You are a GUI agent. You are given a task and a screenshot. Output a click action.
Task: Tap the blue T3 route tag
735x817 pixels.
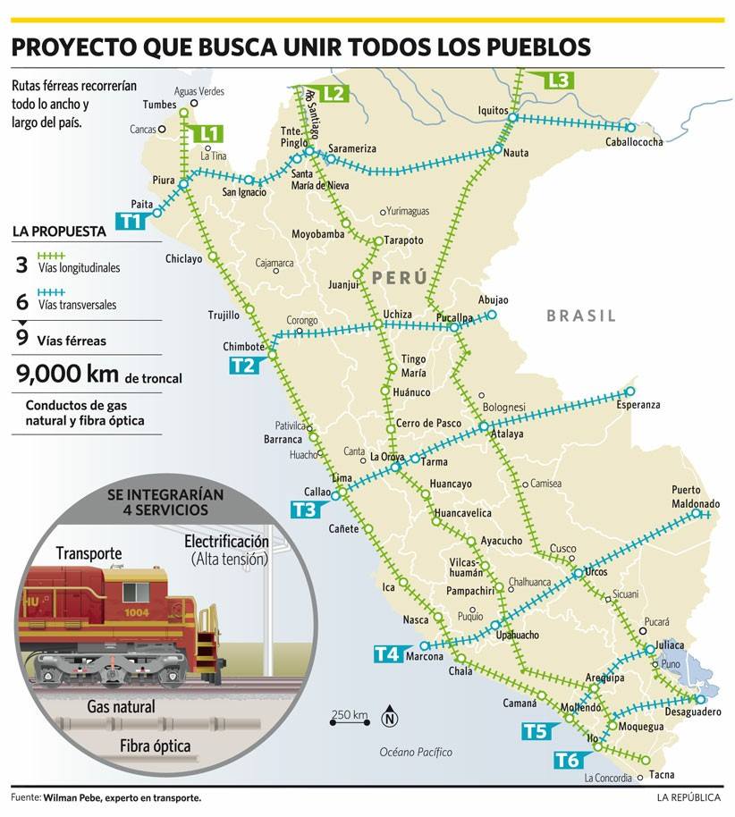(303, 510)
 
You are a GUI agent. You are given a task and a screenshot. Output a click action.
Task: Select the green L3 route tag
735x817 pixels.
(558, 80)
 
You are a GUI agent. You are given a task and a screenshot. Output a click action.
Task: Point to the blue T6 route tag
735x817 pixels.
(568, 761)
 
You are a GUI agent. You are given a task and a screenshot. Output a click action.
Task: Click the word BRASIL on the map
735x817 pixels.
(581, 316)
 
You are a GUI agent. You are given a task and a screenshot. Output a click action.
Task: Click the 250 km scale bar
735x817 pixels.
(350, 720)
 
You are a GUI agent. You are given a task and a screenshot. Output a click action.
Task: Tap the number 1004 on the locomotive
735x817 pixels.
(137, 612)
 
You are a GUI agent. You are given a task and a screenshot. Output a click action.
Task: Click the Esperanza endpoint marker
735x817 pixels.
(629, 392)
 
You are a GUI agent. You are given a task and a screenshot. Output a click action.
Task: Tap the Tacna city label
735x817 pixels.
(662, 774)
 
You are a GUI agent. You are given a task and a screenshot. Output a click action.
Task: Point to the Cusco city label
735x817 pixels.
(562, 548)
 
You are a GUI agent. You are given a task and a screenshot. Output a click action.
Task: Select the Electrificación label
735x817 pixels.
(226, 542)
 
